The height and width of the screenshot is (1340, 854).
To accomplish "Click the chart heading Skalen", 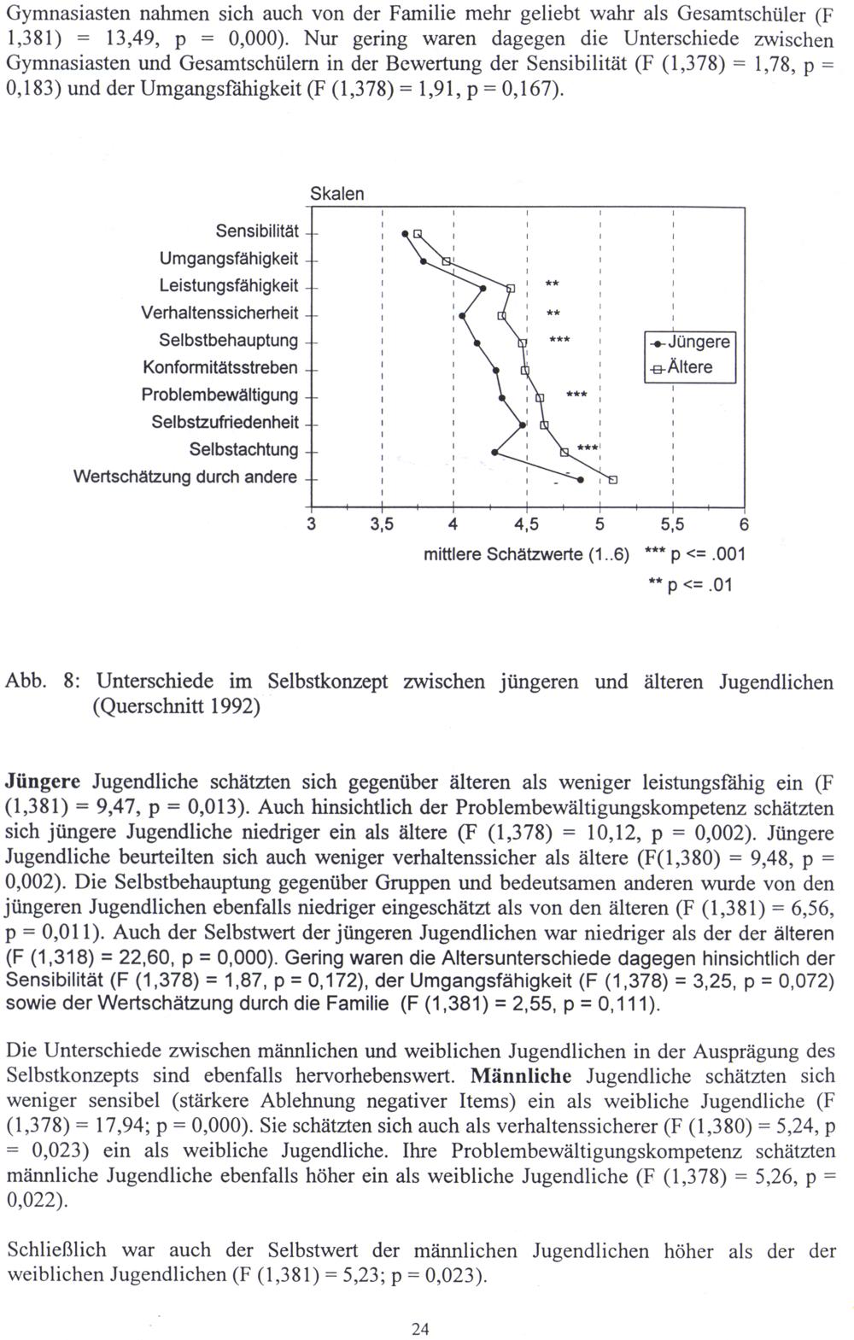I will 336,194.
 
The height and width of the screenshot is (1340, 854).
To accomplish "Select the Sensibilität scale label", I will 257,231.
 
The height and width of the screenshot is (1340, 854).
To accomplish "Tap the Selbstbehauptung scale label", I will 229,341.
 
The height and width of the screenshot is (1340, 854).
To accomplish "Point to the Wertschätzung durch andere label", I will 185,477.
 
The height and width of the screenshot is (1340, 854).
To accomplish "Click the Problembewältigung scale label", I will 219,395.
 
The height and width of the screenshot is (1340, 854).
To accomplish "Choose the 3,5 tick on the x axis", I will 382,524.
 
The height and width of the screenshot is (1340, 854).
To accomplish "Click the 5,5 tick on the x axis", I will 673,524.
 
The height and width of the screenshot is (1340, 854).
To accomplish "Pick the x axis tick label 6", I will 744,524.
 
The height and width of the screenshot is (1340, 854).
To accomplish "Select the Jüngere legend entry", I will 690,342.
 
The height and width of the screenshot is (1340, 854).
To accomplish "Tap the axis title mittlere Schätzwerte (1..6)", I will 526,555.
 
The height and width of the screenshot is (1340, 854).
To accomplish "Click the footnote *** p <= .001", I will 696,555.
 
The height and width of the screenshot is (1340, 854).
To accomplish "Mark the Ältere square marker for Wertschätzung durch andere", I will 613,479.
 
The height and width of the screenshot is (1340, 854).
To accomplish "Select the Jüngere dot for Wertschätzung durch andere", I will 581,480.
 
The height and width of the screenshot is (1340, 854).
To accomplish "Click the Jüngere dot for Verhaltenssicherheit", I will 462,316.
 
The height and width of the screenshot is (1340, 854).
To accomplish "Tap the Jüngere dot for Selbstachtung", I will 494,452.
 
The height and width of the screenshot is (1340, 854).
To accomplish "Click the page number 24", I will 419,1329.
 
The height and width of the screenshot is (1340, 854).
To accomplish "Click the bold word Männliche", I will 521,1076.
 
